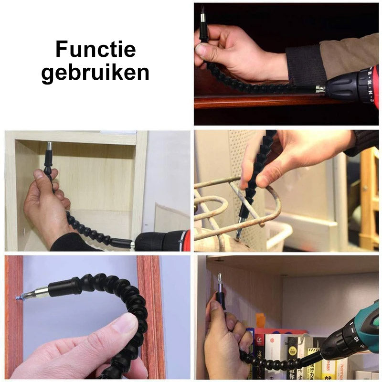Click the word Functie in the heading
tap(95, 50)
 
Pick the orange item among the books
tap(260, 321)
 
